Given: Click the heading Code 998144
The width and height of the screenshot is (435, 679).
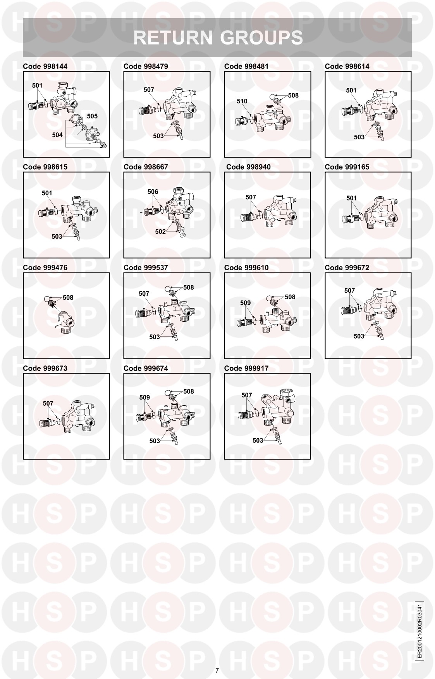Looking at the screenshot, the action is (45, 66).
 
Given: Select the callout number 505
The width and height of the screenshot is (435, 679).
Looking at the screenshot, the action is (92, 116).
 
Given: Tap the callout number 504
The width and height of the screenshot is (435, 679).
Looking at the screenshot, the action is (57, 135).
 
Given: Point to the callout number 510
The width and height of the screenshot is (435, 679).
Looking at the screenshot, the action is (242, 101).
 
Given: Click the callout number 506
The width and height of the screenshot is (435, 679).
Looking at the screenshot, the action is (153, 192).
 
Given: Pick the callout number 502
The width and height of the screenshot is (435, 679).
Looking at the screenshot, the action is (160, 232).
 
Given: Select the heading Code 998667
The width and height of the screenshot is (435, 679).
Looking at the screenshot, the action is (146, 167).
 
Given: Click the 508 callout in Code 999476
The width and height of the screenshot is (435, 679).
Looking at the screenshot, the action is (68, 298).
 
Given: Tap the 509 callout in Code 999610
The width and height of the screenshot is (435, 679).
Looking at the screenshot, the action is (246, 303).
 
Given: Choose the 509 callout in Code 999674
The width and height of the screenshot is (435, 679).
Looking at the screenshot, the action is (144, 398).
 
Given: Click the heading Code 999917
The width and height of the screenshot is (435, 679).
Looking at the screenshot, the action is (246, 368).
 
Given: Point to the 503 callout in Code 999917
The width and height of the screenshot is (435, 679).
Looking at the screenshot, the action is (258, 441).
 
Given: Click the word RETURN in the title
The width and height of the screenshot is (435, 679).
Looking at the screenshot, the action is (173, 38).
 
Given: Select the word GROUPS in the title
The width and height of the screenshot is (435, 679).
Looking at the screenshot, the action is (261, 38).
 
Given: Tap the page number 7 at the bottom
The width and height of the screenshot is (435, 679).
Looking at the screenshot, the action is (217, 670).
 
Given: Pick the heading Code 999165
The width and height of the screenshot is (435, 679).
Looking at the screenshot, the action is (347, 167).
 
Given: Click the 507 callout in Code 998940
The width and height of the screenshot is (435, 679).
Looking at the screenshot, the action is (251, 197).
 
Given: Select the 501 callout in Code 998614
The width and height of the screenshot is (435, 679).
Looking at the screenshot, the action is (351, 91).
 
